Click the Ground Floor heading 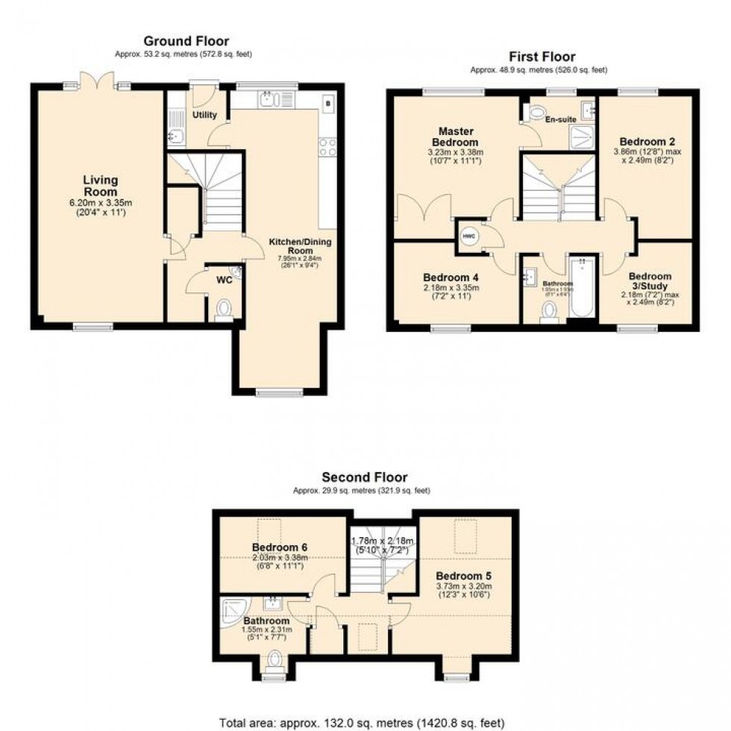point(186,41)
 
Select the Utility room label point(204,115)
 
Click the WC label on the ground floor point(223,281)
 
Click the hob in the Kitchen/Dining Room point(327,148)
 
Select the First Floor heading point(542,57)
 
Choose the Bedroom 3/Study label point(649,281)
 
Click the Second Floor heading point(364,477)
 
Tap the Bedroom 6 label point(279,547)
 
